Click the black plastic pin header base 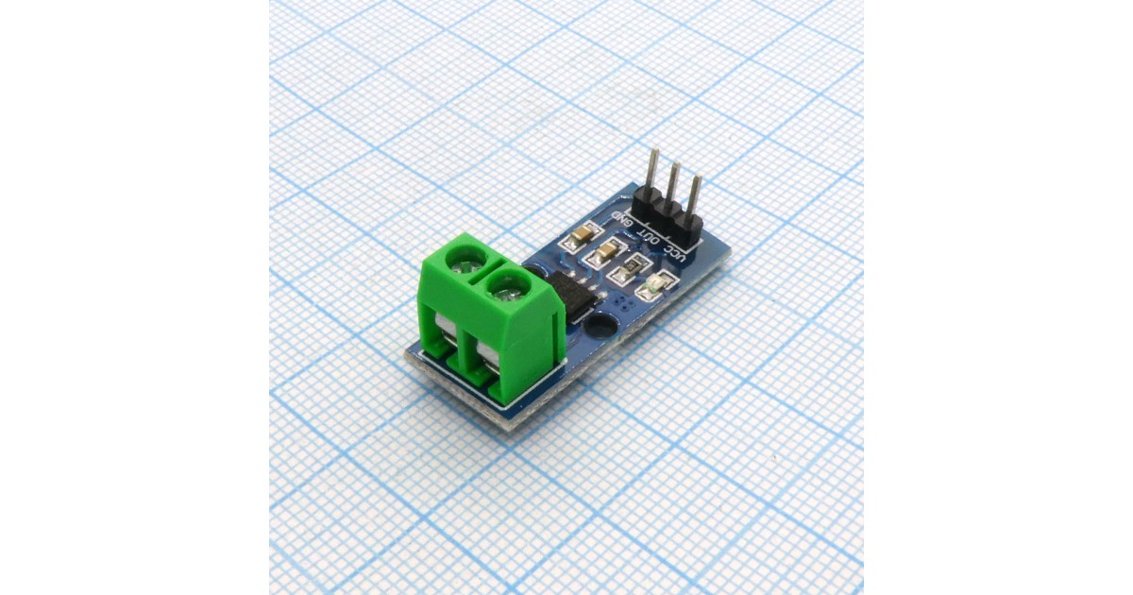click(668, 214)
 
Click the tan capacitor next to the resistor click(605, 250)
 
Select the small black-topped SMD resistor click(633, 267)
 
